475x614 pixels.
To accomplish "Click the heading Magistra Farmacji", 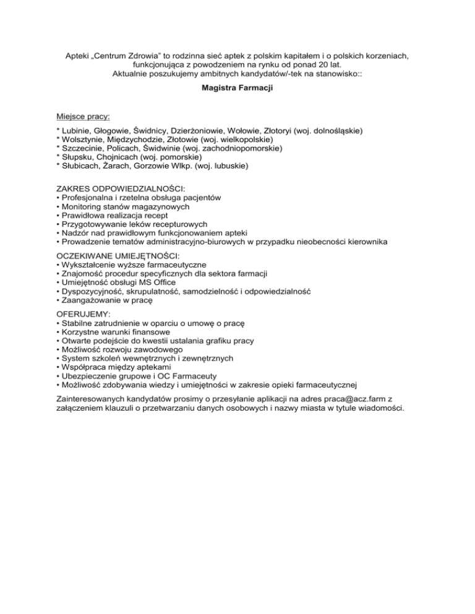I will coord(237,88).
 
